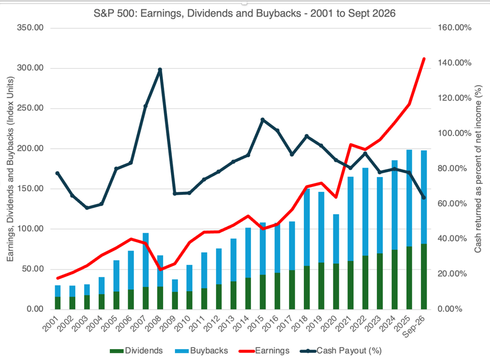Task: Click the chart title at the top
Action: tap(244, 14)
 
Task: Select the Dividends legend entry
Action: tap(136, 351)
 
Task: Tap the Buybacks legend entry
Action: tap(202, 351)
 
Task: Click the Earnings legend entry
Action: tap(264, 351)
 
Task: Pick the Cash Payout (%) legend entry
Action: tap(341, 351)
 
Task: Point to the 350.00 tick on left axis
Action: tap(30, 28)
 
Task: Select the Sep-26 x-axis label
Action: tap(414, 327)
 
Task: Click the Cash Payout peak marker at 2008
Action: tap(160, 70)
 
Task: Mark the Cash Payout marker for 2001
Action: tap(57, 173)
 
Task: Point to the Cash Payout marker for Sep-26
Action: tap(424, 197)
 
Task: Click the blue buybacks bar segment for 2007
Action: tap(146, 260)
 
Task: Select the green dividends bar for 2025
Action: tap(409, 278)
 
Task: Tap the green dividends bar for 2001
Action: tap(58, 303)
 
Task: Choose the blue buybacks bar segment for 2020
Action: tap(336, 239)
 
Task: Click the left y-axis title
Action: tap(10, 169)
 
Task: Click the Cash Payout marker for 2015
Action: tap(263, 120)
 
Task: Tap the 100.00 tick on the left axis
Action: tap(30, 229)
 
